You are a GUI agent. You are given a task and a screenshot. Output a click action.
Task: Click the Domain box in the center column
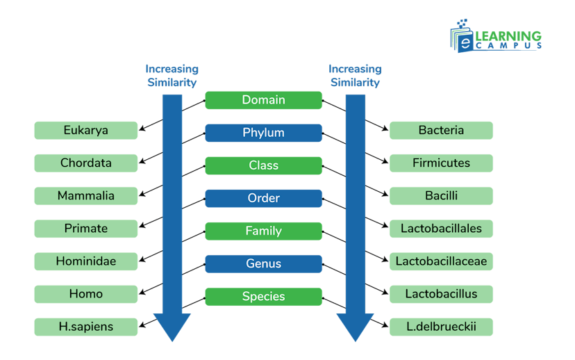tap(263, 100)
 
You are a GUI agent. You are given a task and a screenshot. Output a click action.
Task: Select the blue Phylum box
tap(263, 133)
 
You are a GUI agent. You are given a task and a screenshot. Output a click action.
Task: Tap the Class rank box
tap(263, 165)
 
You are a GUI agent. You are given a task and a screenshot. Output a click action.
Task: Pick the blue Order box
tap(263, 198)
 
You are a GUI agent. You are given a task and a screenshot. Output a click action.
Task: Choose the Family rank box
tap(263, 231)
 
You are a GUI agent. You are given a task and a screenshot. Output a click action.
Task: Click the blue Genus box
tap(263, 263)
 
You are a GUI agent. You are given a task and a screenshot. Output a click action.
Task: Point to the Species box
tap(263, 297)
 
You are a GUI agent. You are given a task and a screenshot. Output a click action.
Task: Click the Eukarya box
tap(86, 131)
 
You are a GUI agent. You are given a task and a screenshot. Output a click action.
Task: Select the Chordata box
tap(86, 163)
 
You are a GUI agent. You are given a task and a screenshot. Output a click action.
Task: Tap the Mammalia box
tap(86, 196)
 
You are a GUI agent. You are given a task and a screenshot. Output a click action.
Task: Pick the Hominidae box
tap(86, 261)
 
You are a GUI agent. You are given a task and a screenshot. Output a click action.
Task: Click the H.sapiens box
tap(86, 327)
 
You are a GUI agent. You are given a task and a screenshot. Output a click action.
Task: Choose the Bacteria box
tap(441, 131)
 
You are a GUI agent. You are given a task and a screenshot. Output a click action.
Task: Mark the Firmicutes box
tap(441, 163)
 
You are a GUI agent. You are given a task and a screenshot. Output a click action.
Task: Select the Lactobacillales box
tap(441, 229)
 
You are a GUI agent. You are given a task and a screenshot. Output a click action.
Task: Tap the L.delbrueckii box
tap(441, 327)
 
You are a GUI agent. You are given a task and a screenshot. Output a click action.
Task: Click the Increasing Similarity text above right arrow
tap(355, 76)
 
